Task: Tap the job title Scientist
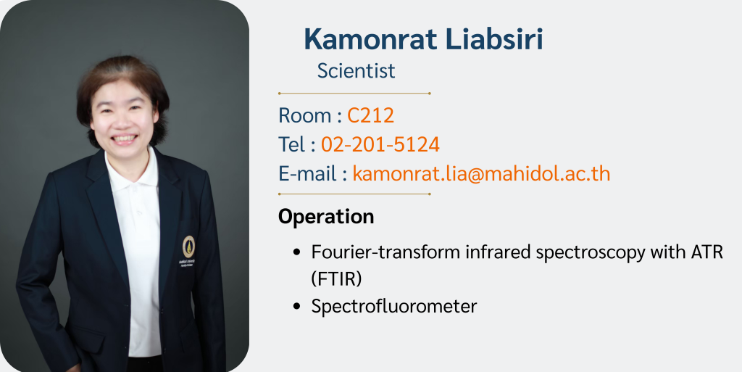pyautogui.click(x=356, y=71)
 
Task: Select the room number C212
pyautogui.click(x=370, y=115)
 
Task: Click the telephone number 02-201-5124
pyautogui.click(x=380, y=144)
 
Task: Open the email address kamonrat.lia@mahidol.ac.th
pyautogui.click(x=481, y=174)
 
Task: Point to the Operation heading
pyautogui.click(x=326, y=218)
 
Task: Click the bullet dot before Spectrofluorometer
pyautogui.click(x=297, y=306)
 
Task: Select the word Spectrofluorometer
pyautogui.click(x=394, y=307)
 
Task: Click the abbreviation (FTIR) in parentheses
pyautogui.click(x=336, y=280)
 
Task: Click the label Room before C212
pyautogui.click(x=305, y=115)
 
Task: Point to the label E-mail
pyautogui.click(x=307, y=174)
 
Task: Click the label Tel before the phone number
pyautogui.click(x=291, y=144)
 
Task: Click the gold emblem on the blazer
pyautogui.click(x=188, y=247)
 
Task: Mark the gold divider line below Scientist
pyautogui.click(x=354, y=94)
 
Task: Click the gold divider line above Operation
pyautogui.click(x=354, y=194)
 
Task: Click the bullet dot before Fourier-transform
pyautogui.click(x=297, y=252)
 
